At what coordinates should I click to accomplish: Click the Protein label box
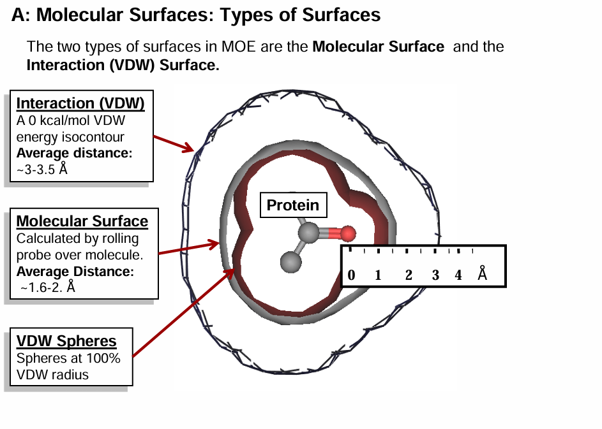click(293, 205)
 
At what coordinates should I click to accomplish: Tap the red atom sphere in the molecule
click(348, 233)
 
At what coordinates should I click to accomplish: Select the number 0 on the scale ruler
click(351, 275)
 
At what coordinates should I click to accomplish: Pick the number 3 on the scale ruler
click(435, 275)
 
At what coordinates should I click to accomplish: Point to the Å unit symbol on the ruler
click(483, 273)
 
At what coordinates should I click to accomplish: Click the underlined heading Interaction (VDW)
click(80, 103)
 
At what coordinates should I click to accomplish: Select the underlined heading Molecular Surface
click(82, 221)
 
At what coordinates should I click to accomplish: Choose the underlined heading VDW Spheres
click(66, 341)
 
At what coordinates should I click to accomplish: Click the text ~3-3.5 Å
click(42, 169)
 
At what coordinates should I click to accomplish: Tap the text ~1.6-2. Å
click(48, 287)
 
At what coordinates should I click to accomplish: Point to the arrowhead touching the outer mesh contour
click(189, 148)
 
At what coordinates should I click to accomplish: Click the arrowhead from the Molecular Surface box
click(213, 244)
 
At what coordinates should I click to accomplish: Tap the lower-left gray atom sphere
click(291, 262)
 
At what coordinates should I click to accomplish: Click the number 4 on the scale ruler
click(458, 275)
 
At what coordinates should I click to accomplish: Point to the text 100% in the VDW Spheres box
click(103, 358)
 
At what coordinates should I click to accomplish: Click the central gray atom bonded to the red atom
click(309, 233)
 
